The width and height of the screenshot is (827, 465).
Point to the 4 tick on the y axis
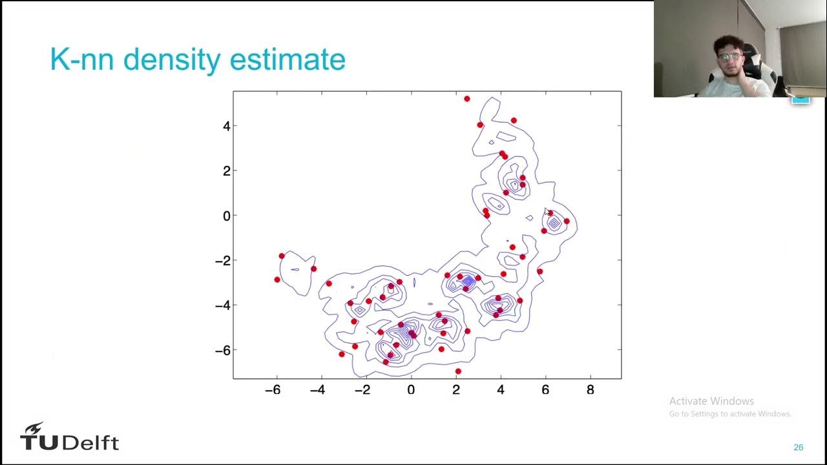pos(226,126)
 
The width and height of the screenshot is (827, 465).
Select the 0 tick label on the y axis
pos(226,216)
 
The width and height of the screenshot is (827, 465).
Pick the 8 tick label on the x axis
pos(590,390)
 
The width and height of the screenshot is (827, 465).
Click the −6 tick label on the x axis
pos(273,390)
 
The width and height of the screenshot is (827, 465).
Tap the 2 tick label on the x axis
pos(456,390)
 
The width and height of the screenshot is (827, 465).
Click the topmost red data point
pos(467,99)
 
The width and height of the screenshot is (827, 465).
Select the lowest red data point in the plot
pos(458,371)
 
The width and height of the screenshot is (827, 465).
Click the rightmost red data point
pos(567,221)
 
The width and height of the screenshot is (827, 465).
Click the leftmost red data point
pos(277,280)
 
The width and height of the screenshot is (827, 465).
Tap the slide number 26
pos(799,448)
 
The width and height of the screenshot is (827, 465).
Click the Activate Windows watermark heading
pos(711,401)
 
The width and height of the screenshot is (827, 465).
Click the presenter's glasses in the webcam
pos(731,57)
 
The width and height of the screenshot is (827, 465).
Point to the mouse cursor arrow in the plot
pos(547,211)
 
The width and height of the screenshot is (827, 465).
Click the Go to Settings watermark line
pos(729,414)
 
